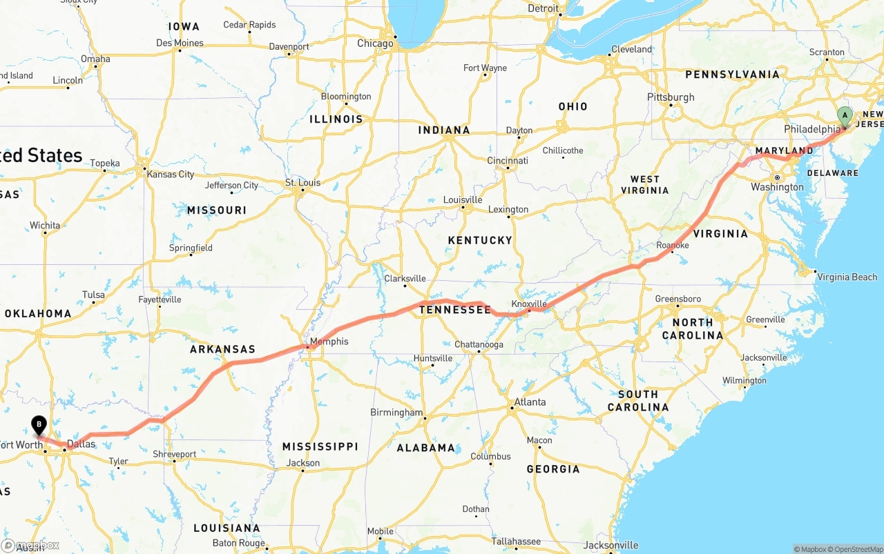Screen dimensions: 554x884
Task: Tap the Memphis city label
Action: point(329,342)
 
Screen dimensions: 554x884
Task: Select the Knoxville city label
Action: point(529,304)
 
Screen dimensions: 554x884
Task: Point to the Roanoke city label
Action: point(673,245)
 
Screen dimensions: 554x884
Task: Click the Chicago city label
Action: point(375,43)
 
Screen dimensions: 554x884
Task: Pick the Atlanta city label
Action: point(530,402)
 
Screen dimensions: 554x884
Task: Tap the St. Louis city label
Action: point(303,183)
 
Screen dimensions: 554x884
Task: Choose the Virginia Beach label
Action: point(847,277)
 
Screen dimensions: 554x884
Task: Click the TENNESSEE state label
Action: point(455,310)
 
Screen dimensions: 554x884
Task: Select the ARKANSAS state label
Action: point(222,350)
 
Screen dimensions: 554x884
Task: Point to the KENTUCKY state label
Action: point(480,240)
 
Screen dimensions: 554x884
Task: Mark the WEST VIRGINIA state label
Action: point(645,184)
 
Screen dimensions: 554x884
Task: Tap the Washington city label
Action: point(777,187)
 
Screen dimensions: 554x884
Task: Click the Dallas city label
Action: point(81,444)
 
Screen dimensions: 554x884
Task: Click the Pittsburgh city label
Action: point(671,97)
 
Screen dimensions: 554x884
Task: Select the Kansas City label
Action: point(171,175)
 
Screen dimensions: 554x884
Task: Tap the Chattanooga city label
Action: point(479,345)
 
